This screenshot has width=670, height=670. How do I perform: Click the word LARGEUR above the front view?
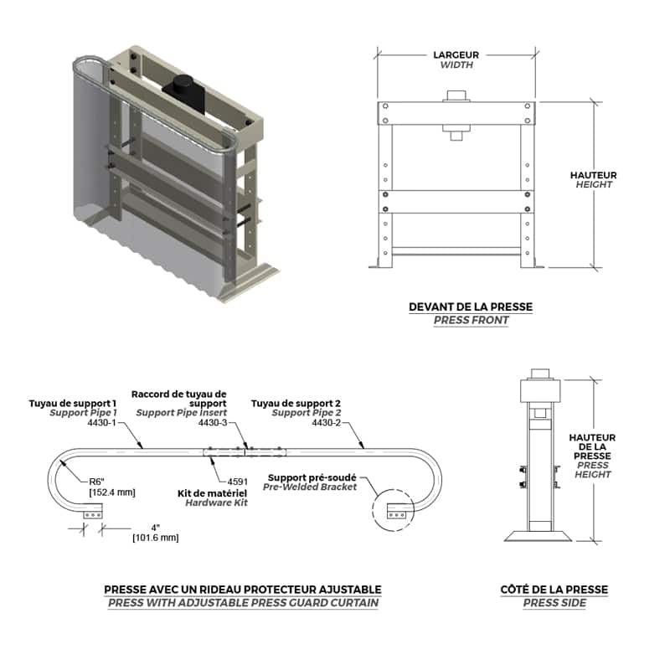[x=456, y=54]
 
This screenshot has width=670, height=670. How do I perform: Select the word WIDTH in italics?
[x=456, y=64]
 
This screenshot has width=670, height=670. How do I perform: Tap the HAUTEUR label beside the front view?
[x=593, y=175]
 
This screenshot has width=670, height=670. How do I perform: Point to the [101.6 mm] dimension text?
[x=155, y=538]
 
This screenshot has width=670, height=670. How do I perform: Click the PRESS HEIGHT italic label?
[x=593, y=469]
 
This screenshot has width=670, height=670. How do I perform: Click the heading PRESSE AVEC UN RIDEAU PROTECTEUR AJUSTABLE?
[x=243, y=590]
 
